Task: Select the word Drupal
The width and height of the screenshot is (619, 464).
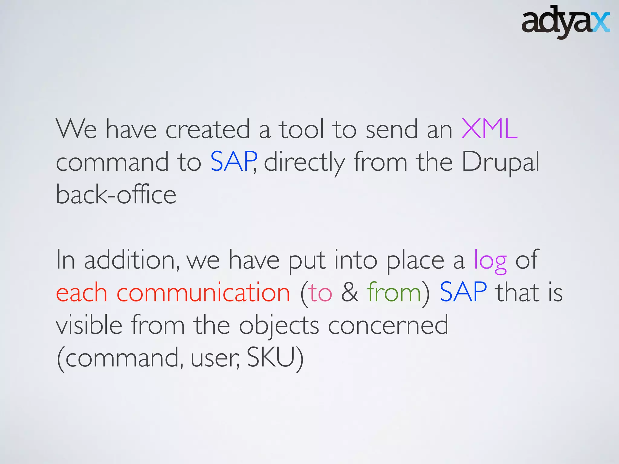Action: pyautogui.click(x=501, y=163)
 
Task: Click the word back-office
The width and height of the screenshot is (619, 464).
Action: pyautogui.click(x=116, y=195)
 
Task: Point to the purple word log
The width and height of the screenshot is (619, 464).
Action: pyautogui.click(x=490, y=261)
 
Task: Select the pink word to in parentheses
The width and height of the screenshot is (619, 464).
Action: pyautogui.click(x=320, y=293)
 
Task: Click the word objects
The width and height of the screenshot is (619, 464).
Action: pyautogui.click(x=279, y=326)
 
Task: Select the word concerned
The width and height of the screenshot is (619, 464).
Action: pyautogui.click(x=388, y=326)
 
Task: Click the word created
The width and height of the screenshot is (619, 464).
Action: pyautogui.click(x=208, y=129)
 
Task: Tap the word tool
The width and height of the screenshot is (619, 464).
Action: pyautogui.click(x=301, y=129)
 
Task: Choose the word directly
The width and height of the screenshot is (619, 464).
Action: pyautogui.click(x=304, y=163)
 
